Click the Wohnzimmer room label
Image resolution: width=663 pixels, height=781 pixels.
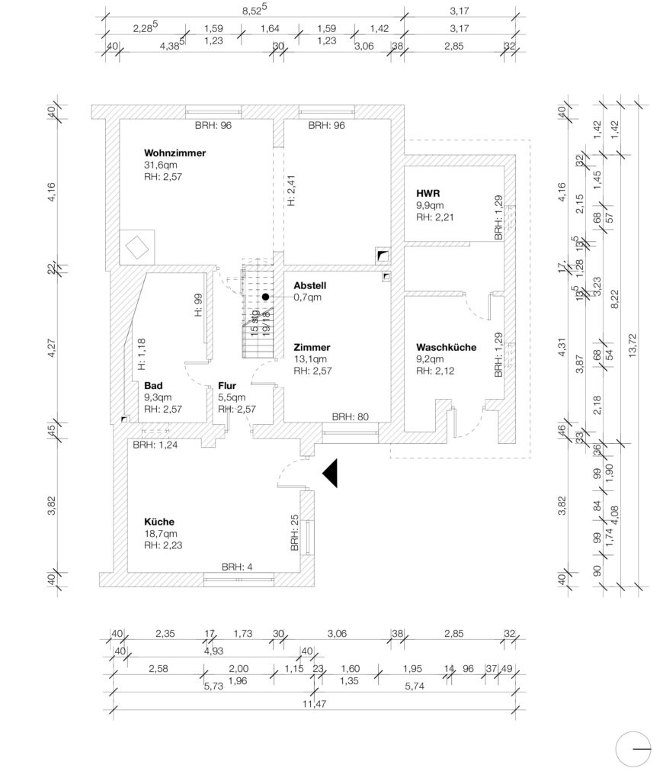[175, 153]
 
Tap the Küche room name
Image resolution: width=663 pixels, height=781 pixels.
[159, 522]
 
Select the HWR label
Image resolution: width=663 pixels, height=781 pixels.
[428, 193]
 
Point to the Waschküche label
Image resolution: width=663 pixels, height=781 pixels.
[446, 347]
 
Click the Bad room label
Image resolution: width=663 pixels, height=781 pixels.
[153, 385]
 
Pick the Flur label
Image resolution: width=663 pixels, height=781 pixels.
[227, 385]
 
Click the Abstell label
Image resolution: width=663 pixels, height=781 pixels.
[309, 285]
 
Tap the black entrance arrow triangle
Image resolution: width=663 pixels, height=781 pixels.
[331, 473]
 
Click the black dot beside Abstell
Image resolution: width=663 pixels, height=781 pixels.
[266, 297]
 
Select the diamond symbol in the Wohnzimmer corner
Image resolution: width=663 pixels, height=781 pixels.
[137, 248]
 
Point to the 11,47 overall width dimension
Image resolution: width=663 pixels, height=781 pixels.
[315, 704]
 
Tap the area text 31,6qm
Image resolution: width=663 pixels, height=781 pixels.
[160, 165]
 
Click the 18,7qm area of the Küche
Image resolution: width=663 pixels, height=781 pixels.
[160, 533]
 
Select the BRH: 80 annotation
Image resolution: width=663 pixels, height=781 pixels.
[351, 417]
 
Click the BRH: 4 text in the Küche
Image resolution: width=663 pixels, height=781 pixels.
[237, 567]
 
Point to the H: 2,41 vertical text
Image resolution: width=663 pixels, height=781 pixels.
[291, 190]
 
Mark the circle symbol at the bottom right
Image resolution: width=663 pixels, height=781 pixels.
[633, 749]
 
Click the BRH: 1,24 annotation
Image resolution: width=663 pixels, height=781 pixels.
[155, 445]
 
